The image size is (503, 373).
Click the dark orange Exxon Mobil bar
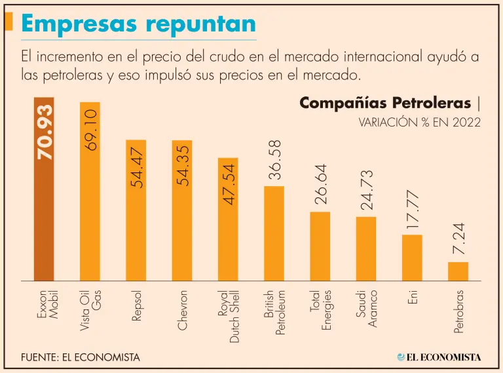(x=44, y=216)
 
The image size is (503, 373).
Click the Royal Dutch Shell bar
(x=228, y=223)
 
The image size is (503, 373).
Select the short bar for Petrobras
(x=458, y=271)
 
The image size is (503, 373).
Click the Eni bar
(x=412, y=257)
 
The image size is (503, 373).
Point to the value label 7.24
(x=458, y=239)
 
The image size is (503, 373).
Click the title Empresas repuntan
(x=138, y=24)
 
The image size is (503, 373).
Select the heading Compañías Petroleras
(x=385, y=103)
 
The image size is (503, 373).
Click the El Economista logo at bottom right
(x=439, y=357)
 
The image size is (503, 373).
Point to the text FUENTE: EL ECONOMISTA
(x=81, y=357)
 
